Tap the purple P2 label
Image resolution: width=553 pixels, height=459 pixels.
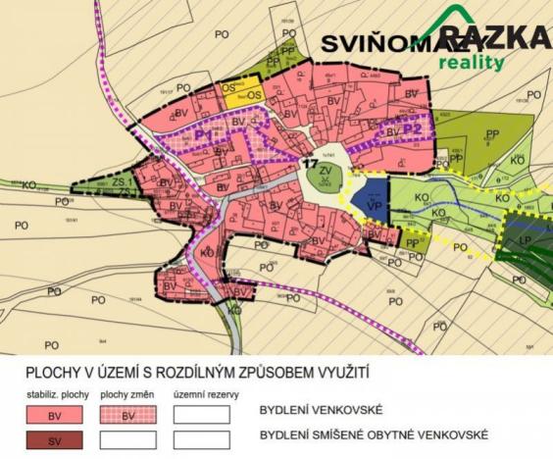413,128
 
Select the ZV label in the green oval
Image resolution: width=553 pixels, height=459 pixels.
325,173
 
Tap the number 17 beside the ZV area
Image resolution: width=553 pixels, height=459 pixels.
309,162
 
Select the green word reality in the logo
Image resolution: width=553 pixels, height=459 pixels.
472,63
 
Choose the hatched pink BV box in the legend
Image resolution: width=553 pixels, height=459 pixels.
126,414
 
